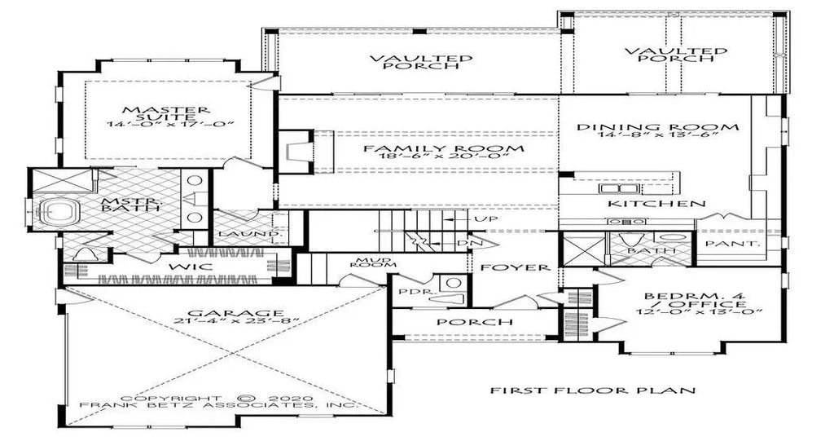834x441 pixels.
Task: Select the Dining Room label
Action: point(657,127)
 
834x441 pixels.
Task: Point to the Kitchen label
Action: point(657,203)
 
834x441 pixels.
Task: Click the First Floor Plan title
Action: point(592,390)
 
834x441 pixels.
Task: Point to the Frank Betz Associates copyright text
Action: point(218,404)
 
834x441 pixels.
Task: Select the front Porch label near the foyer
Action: point(463,322)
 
